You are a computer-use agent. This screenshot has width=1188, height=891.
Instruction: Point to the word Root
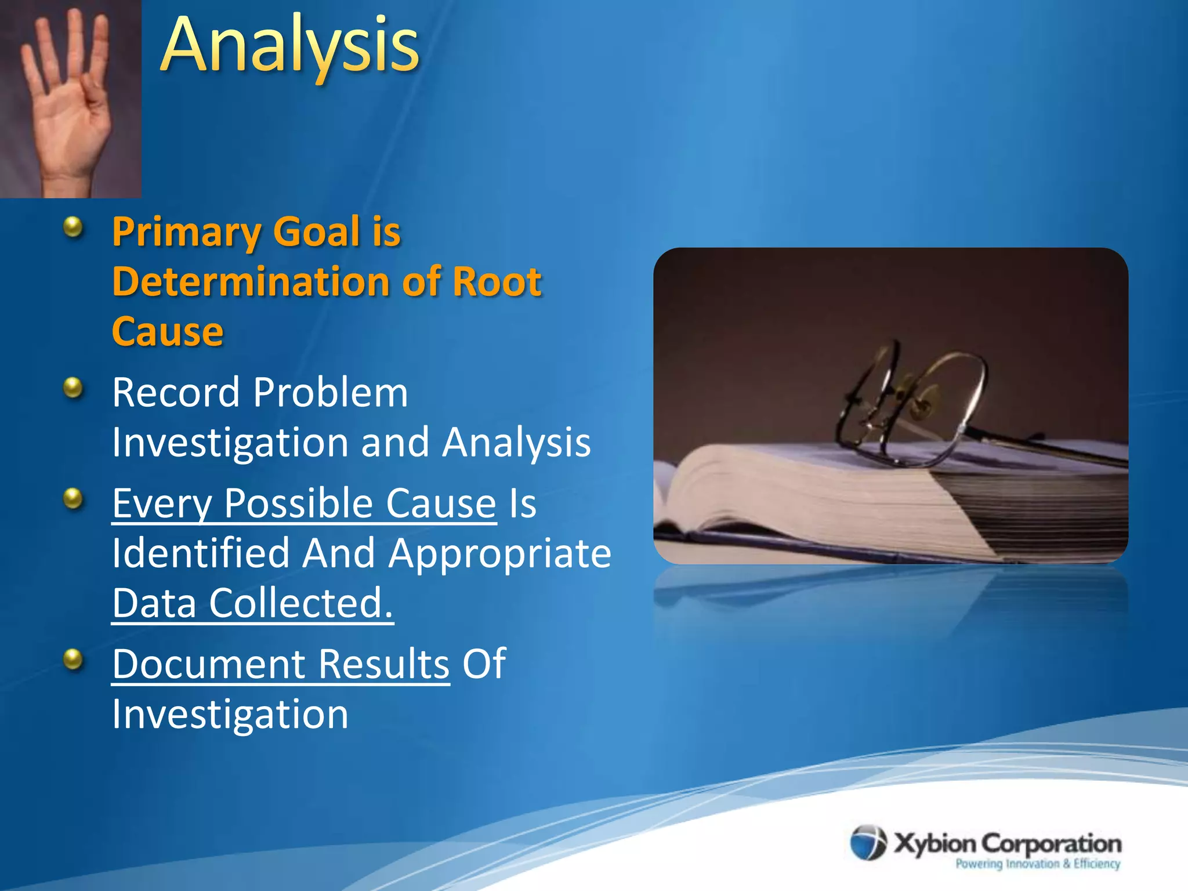497,282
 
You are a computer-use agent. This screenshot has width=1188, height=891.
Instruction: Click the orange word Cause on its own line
168,332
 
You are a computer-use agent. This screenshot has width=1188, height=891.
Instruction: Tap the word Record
176,393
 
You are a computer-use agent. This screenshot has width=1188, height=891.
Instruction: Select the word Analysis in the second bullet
516,443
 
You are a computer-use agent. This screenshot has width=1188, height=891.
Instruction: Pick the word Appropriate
500,553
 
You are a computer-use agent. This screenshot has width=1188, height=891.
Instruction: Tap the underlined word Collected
300,603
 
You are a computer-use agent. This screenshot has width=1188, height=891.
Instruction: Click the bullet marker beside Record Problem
73,387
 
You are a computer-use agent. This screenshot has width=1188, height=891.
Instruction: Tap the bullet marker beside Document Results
73,659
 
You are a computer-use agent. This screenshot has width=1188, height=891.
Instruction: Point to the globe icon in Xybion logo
868,843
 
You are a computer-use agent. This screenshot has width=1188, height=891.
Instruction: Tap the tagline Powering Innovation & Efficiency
1038,864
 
